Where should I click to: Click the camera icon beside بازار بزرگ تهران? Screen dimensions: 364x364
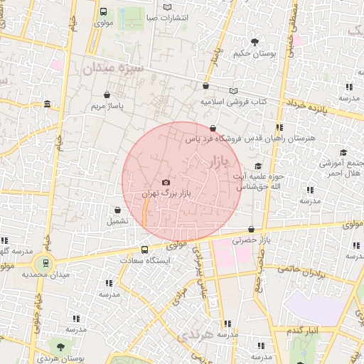pyautogui.click(x=166, y=183)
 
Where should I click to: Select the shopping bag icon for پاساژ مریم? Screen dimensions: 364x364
pyautogui.click(x=107, y=95)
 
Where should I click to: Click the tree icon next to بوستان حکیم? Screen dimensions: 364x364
pyautogui.click(x=255, y=42)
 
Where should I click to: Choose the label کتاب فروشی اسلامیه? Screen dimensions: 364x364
pyautogui.click(x=233, y=102)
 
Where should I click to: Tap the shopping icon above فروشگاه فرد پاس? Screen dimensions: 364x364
pyautogui.click(x=213, y=128)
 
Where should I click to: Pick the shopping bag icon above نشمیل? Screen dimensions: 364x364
pyautogui.click(x=117, y=210)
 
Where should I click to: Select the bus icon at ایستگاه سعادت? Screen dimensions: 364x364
pyautogui.click(x=144, y=250)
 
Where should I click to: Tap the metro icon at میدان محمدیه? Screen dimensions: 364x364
pyautogui.click(x=45, y=263)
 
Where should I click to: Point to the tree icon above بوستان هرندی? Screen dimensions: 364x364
pyautogui.click(x=60, y=346)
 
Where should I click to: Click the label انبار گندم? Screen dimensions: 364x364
pyautogui.click(x=306, y=331)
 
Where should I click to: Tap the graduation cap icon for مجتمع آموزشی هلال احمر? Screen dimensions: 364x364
pyautogui.click(x=343, y=152)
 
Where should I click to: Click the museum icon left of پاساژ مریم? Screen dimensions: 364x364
pyautogui.click(x=47, y=105)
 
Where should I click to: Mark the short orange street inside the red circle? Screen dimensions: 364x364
pyautogui.click(x=144, y=212)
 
